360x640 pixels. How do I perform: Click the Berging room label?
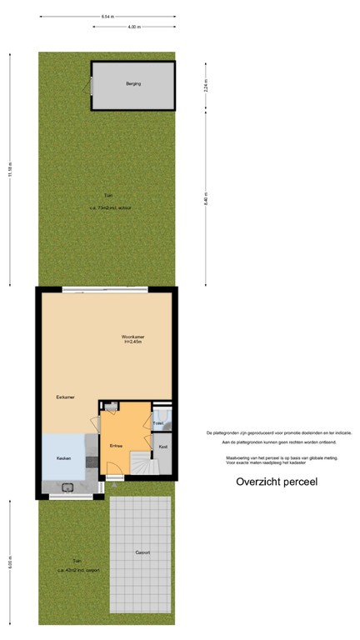pos(133,84)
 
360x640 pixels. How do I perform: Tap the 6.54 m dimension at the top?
pos(107,17)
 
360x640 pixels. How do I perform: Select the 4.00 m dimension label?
pos(133,27)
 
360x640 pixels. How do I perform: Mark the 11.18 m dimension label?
pos(10,169)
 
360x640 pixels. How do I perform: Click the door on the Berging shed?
pos(87,84)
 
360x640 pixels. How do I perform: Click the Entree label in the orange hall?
pos(116,446)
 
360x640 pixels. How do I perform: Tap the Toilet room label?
pos(158,423)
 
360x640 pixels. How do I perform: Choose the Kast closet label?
pos(163,447)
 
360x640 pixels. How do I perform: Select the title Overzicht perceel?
pos(276,482)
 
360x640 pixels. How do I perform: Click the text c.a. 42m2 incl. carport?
pos(78,570)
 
